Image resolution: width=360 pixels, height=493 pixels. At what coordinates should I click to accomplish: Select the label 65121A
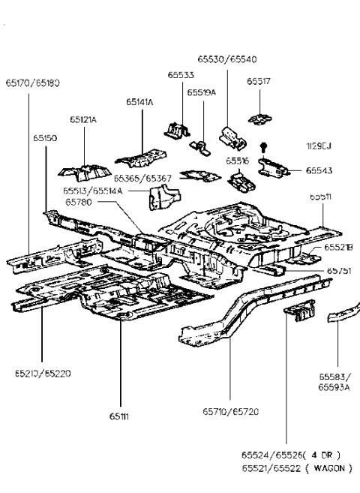coord(84,119)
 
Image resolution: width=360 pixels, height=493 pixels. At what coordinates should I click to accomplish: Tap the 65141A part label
coord(140,101)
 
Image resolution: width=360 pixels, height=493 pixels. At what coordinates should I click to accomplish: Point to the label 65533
coord(180,75)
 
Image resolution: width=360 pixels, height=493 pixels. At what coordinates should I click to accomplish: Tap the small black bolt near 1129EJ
coord(264,145)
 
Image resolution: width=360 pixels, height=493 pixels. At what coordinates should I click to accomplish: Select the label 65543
coord(319,171)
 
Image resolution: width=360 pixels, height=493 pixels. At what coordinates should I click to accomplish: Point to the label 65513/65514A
coord(94,191)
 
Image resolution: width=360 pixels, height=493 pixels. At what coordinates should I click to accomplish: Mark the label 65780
coord(78,202)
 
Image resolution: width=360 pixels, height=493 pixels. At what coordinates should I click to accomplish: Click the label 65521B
coord(338,247)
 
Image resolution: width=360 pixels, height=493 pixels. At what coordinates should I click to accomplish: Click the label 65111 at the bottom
coord(120,415)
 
